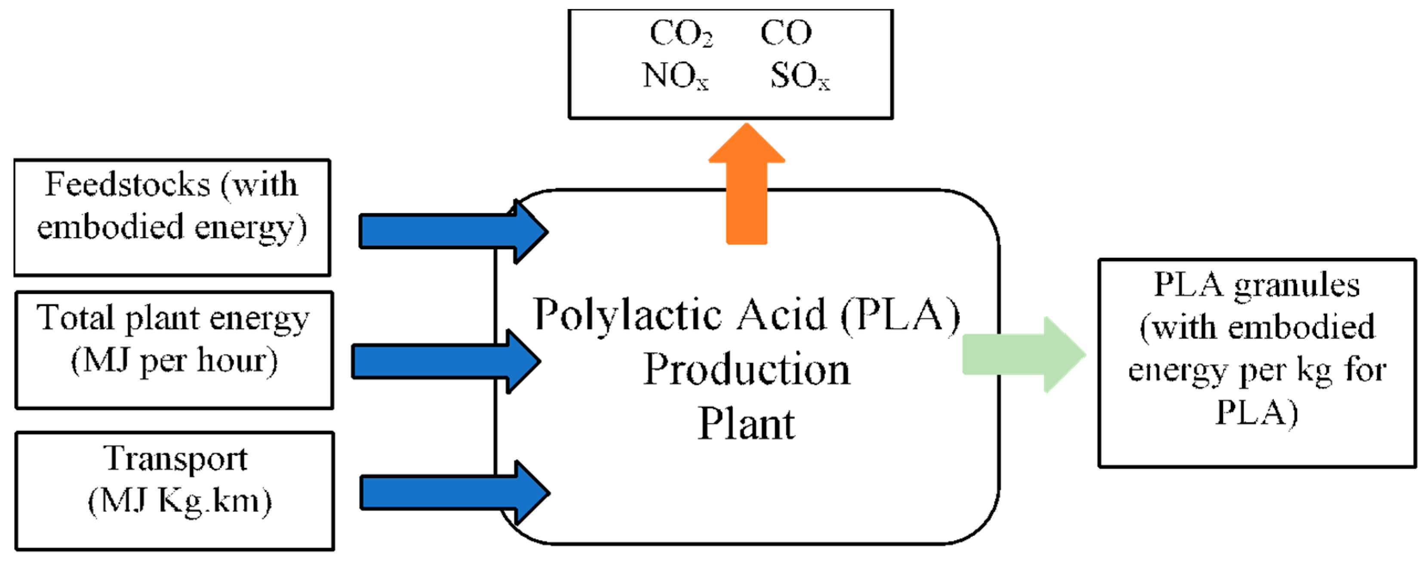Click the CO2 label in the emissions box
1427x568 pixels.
(x=681, y=33)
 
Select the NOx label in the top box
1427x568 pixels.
(x=675, y=76)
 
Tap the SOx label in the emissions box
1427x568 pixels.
(x=800, y=76)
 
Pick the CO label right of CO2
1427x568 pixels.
(x=785, y=33)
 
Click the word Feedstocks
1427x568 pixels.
(x=127, y=184)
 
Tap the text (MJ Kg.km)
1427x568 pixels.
(x=180, y=501)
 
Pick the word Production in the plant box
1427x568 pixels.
(x=746, y=370)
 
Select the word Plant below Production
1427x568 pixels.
(x=746, y=424)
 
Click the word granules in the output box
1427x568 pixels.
(x=1296, y=286)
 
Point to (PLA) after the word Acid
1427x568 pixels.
(x=900, y=315)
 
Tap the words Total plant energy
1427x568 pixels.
(x=173, y=319)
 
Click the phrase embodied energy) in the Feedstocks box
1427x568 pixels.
(x=172, y=228)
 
